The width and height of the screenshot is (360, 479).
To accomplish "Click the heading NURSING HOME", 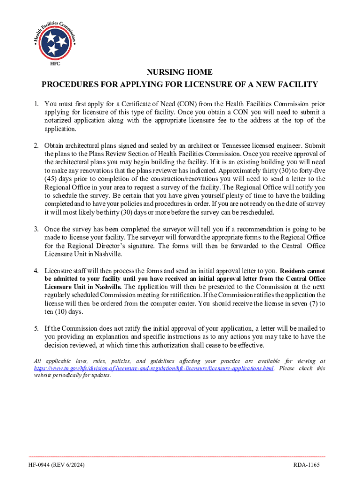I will click(x=180, y=73).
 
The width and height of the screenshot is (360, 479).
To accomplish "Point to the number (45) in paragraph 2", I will click(x=51, y=179).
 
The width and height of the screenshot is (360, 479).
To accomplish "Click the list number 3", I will click(x=36, y=229).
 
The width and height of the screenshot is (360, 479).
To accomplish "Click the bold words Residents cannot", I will click(x=302, y=271).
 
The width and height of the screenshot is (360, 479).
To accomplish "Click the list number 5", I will click(x=36, y=329).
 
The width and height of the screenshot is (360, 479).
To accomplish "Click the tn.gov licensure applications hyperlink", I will click(x=154, y=369).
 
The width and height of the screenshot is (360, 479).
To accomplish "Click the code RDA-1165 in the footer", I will click(x=306, y=466).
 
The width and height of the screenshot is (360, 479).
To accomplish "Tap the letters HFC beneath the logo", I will click(x=55, y=64).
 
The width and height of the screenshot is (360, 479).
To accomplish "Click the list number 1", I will click(x=36, y=104).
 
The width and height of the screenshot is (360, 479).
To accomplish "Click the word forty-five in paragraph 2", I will click(x=312, y=171).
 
